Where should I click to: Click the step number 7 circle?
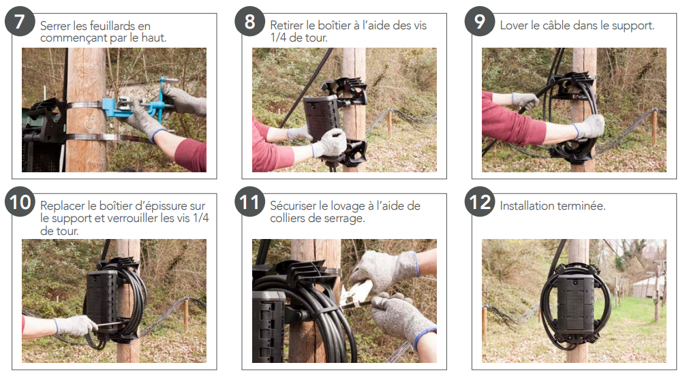click(x=20, y=21)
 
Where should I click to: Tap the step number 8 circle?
click(x=249, y=21)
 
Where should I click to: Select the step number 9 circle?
click(x=480, y=21)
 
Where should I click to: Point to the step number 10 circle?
click(x=20, y=202)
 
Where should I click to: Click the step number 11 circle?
click(x=249, y=202)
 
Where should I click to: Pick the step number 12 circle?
click(x=480, y=202)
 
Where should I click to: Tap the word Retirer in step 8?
click(x=286, y=25)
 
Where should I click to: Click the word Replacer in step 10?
click(x=63, y=206)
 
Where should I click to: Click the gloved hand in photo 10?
click(x=76, y=325)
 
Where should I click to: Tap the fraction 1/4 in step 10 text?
click(x=200, y=218)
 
